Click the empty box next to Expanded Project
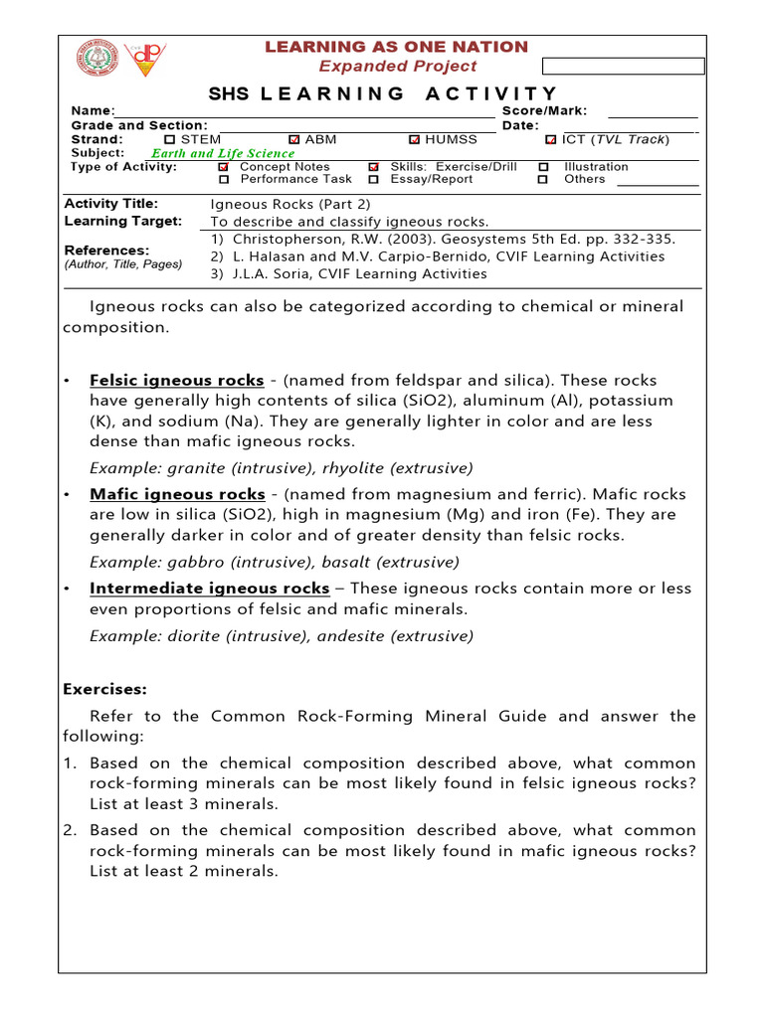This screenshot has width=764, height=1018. (x=623, y=67)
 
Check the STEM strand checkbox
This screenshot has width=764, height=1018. (x=169, y=140)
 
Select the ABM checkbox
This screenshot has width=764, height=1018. (x=293, y=140)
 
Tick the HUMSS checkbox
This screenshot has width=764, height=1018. (x=415, y=140)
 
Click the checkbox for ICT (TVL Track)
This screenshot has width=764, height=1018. (x=550, y=140)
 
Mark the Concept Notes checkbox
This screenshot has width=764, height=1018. (x=224, y=168)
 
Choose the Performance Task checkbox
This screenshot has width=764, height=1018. (x=224, y=180)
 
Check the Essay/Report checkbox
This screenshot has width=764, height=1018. (x=374, y=180)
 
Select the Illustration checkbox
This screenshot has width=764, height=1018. (x=543, y=168)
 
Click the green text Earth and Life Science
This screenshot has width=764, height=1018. (x=222, y=154)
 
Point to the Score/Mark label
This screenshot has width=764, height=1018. (x=544, y=111)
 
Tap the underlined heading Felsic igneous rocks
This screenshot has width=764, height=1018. (x=177, y=381)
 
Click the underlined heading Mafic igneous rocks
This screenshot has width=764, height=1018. (x=177, y=494)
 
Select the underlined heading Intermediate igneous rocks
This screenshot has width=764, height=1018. (x=209, y=589)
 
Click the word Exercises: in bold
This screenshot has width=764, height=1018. (x=105, y=689)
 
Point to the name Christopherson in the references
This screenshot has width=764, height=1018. (x=286, y=240)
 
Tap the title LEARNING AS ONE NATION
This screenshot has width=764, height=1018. (x=396, y=47)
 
